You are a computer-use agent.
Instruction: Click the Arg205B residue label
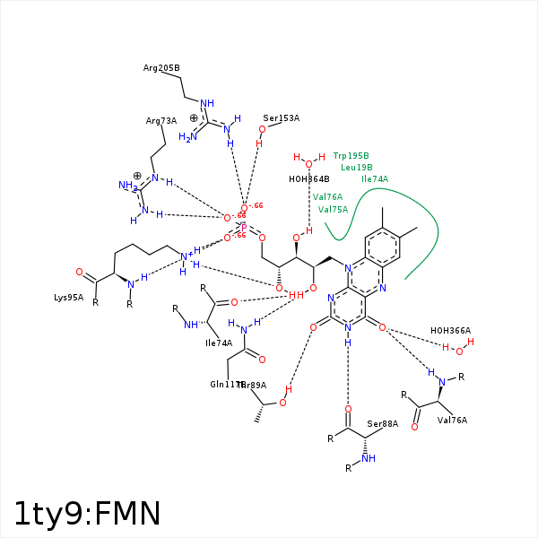[x=161, y=67]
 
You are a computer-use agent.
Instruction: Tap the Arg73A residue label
[x=161, y=120]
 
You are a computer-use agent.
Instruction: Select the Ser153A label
[x=281, y=117]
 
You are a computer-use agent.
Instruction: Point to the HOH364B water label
[x=309, y=178]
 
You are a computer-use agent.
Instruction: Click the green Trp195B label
[x=351, y=155]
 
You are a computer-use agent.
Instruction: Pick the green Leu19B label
[x=356, y=167]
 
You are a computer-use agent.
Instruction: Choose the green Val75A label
[x=333, y=209]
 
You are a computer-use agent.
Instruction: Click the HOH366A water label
[x=450, y=330]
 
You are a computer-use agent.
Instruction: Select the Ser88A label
[x=382, y=423]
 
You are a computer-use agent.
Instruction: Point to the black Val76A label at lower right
[x=452, y=420]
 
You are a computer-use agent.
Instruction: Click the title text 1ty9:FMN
[x=87, y=513]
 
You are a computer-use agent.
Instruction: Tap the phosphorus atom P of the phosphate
[x=243, y=228]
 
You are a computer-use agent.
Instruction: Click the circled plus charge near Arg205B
[x=194, y=117]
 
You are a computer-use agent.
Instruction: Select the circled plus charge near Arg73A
[x=137, y=176]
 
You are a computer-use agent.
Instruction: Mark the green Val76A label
[x=327, y=196]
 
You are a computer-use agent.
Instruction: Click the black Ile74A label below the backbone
[x=219, y=342]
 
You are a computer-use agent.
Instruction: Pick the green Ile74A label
[x=375, y=178]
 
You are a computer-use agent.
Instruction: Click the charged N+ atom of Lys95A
[x=185, y=257]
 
